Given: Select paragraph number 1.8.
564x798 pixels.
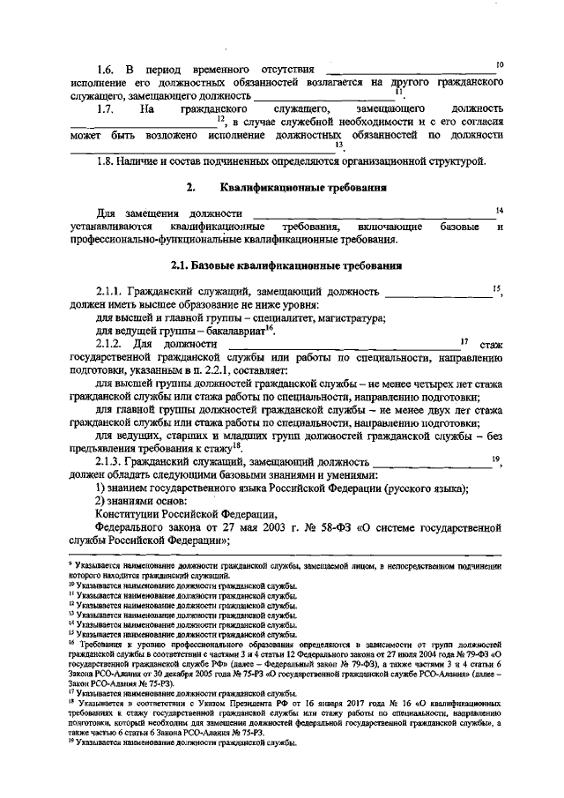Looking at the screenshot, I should [x=106, y=162].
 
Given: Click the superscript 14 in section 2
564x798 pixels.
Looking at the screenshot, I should [x=499, y=209].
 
